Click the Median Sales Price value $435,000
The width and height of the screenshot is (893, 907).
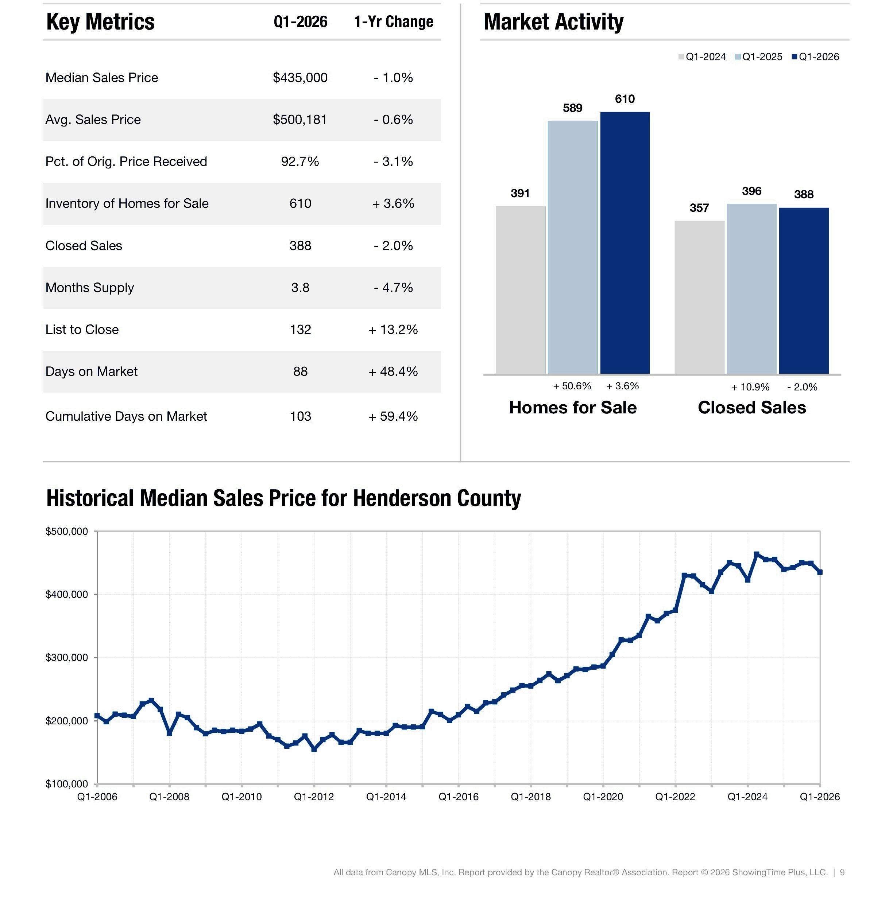click(x=300, y=77)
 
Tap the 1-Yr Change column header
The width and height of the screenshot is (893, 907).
click(x=394, y=22)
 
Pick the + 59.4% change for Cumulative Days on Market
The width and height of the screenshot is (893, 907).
click(x=393, y=416)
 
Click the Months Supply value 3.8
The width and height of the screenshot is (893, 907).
click(x=300, y=287)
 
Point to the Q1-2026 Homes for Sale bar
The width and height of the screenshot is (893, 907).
click(x=625, y=243)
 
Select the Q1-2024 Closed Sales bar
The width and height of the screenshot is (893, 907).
click(x=699, y=297)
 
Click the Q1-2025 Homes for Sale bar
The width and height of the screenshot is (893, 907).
click(x=573, y=248)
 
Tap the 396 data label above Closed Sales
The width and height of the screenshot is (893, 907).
click(x=751, y=191)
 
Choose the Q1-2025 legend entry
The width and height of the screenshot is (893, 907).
click(x=758, y=57)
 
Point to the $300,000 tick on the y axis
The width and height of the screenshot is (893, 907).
click(x=67, y=657)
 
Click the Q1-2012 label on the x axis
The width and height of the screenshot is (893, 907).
click(x=314, y=797)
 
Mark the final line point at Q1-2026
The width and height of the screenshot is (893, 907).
click(x=820, y=572)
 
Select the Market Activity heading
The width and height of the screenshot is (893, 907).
click(x=553, y=22)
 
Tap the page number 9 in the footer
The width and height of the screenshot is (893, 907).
click(x=842, y=872)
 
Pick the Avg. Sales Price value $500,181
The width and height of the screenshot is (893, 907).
click(x=300, y=120)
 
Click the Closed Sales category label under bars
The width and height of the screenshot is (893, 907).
click(x=752, y=407)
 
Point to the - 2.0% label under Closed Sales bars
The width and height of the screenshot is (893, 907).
click(x=802, y=387)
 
